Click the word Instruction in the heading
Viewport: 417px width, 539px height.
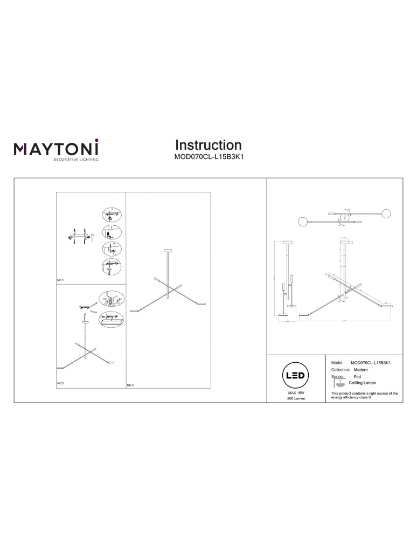tap(208, 145)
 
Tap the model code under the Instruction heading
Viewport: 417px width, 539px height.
tap(208, 158)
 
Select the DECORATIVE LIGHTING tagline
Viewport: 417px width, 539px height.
tap(75, 160)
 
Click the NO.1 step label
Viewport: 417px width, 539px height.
tap(60, 281)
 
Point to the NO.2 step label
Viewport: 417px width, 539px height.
tap(60, 383)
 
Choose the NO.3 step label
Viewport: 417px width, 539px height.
tap(130, 385)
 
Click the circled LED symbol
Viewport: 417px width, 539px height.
tap(296, 375)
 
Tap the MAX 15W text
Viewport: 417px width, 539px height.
tap(296, 394)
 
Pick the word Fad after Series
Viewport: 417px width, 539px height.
tap(357, 377)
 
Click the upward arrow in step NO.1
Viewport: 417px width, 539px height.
tap(92, 236)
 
